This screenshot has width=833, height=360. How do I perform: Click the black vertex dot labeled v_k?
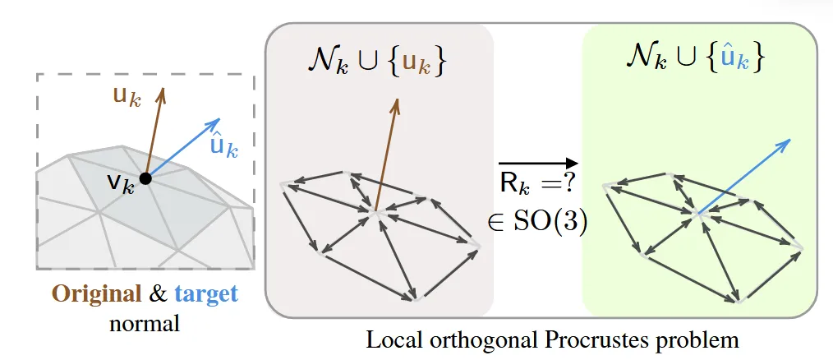145,178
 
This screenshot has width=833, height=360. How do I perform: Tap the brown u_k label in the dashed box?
128,99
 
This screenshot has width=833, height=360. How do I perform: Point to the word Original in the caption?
85,294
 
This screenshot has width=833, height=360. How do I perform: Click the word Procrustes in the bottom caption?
608,338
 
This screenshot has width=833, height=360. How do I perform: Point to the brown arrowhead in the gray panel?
398,104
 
